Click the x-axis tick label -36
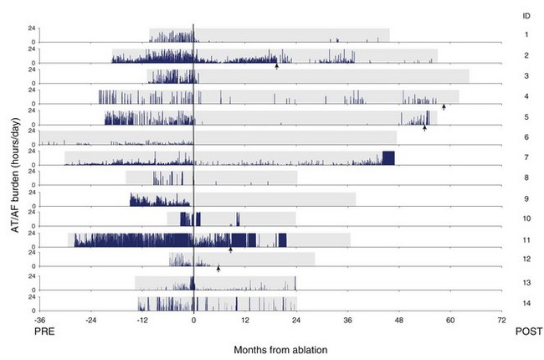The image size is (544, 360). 39,320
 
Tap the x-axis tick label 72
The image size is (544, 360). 502,320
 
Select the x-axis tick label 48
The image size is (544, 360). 399,320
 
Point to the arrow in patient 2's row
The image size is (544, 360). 276,65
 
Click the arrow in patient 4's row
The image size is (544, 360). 444,106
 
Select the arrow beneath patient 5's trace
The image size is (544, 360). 424,127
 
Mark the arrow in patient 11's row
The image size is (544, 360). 230,249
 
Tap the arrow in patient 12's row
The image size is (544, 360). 218,269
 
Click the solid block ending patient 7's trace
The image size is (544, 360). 387,158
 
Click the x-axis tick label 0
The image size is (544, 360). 193,320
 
